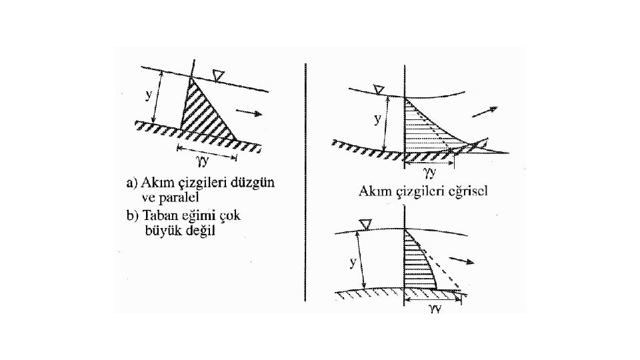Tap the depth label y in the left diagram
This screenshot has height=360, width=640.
click(x=148, y=95)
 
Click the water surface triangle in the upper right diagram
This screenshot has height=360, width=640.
click(x=379, y=89)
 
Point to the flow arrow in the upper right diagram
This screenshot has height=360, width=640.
click(x=485, y=112)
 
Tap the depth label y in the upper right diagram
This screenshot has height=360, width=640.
click(x=377, y=119)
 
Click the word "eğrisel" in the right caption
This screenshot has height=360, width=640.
click(x=467, y=193)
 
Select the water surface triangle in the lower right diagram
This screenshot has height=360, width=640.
click(x=365, y=223)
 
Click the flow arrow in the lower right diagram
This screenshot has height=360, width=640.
click(x=462, y=260)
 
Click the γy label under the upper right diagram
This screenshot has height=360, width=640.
click(x=431, y=172)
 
